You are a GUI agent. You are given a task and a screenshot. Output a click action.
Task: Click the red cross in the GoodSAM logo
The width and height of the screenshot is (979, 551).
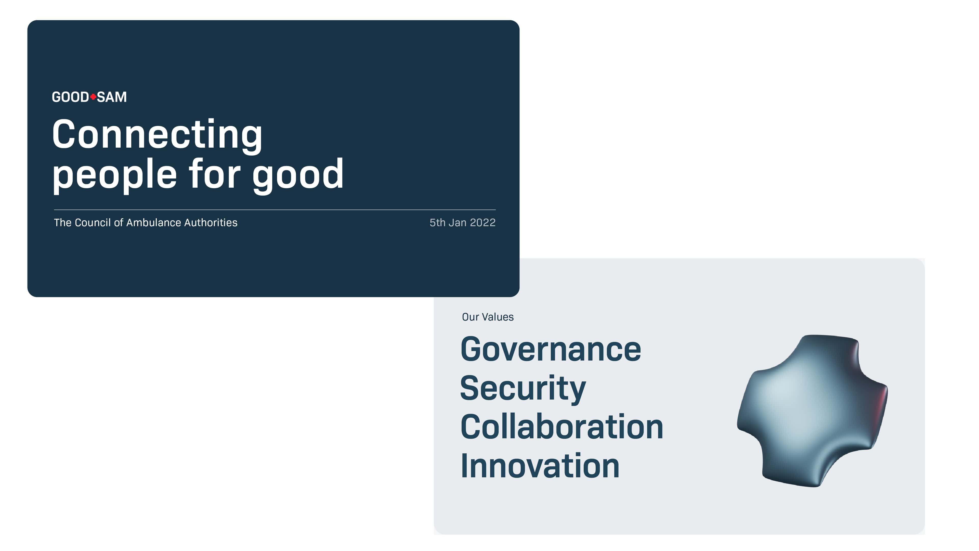click(x=93, y=97)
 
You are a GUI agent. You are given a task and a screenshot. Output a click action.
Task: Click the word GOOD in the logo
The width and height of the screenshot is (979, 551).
click(x=70, y=97)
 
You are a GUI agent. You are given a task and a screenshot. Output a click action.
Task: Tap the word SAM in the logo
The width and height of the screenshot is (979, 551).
click(x=112, y=97)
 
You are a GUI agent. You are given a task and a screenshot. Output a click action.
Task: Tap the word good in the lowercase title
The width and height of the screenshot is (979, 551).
click(x=298, y=175)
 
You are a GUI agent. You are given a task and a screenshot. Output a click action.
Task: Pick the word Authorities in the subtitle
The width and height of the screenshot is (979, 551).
click(x=211, y=222)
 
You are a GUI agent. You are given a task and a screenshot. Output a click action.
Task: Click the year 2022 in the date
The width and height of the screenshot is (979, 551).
click(x=483, y=222)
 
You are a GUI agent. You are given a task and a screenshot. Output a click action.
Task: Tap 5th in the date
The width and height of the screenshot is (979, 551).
click(x=437, y=222)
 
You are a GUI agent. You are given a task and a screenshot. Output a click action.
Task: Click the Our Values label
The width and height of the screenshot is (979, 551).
click(x=488, y=317)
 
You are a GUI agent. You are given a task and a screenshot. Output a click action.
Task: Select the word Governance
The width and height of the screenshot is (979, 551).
click(x=551, y=349)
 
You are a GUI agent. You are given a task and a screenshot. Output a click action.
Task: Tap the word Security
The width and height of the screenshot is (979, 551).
click(x=523, y=389)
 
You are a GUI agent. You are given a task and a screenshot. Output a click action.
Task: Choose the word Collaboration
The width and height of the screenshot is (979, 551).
click(x=562, y=427)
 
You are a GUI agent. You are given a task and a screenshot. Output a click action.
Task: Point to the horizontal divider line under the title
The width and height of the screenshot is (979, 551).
click(x=275, y=210)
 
